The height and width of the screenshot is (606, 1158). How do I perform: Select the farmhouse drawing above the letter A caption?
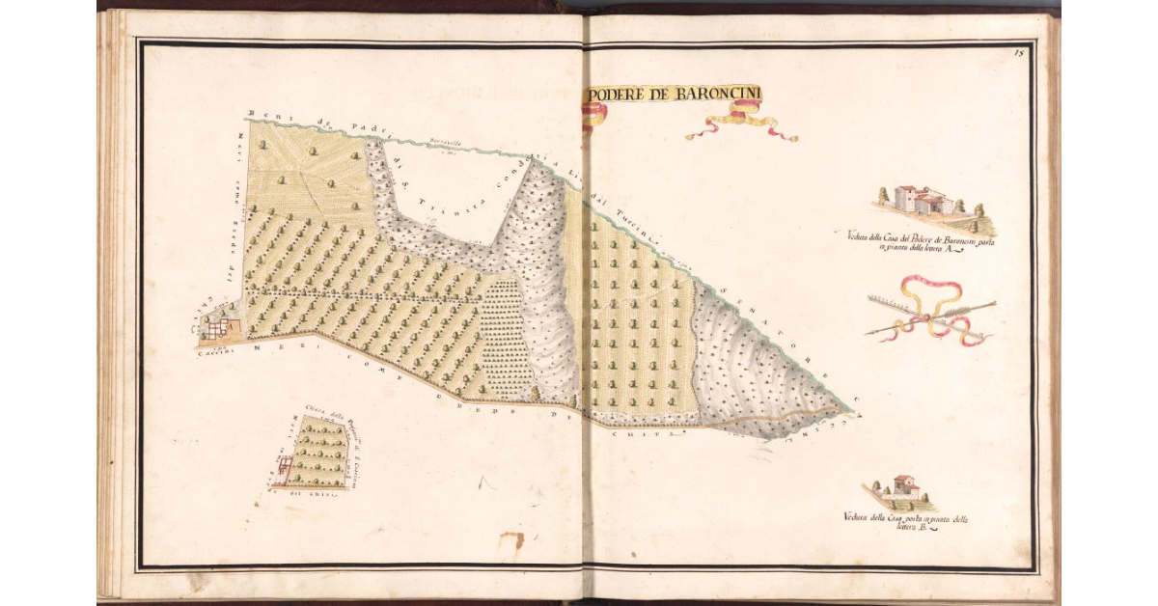923,201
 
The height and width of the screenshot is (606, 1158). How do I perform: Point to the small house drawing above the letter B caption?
903,487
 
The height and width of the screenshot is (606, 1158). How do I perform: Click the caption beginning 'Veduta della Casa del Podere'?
921,241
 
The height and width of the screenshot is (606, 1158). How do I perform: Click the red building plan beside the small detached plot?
284,470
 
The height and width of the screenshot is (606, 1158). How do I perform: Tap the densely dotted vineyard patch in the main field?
505,338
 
